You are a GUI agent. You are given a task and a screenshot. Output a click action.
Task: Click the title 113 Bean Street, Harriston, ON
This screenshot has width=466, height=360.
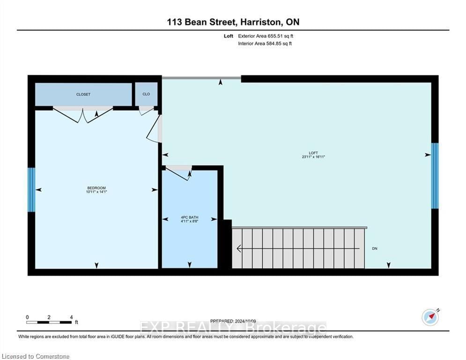[x=233, y=22]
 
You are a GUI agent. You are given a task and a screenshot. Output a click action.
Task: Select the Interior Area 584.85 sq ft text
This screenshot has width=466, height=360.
[x=265, y=44]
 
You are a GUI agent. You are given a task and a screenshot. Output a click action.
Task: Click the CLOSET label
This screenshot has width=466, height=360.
[x=83, y=94]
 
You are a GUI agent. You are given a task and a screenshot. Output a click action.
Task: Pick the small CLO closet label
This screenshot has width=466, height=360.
[x=146, y=94]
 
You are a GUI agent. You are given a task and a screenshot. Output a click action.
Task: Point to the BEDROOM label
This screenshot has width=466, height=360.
[x=96, y=187]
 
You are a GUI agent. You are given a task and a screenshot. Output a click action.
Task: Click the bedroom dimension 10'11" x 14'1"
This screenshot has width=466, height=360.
[x=96, y=192]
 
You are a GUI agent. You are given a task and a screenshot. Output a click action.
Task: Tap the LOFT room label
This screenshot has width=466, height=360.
[x=313, y=153]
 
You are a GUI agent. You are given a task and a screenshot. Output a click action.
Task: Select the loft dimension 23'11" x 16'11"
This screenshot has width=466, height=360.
[x=313, y=157]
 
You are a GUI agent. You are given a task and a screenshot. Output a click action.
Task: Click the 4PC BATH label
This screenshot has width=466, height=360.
[x=190, y=217]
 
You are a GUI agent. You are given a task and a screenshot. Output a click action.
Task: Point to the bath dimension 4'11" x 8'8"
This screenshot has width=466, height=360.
[x=190, y=221]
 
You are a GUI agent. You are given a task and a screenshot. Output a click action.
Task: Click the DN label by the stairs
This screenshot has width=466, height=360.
[x=374, y=248]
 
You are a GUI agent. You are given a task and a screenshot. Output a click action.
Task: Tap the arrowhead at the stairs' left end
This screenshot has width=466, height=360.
[x=239, y=248]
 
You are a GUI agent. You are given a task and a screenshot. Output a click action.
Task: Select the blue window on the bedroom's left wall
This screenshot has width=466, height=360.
[x=31, y=189]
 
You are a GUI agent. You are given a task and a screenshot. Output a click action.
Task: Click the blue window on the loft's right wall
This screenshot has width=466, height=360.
[x=435, y=175]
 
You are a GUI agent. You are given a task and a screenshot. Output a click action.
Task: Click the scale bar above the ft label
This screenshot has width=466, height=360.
[x=49, y=322]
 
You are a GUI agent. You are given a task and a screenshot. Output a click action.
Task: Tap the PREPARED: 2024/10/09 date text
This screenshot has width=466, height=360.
[x=233, y=321]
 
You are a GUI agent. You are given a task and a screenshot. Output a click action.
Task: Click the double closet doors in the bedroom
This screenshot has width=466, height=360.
[x=83, y=114]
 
